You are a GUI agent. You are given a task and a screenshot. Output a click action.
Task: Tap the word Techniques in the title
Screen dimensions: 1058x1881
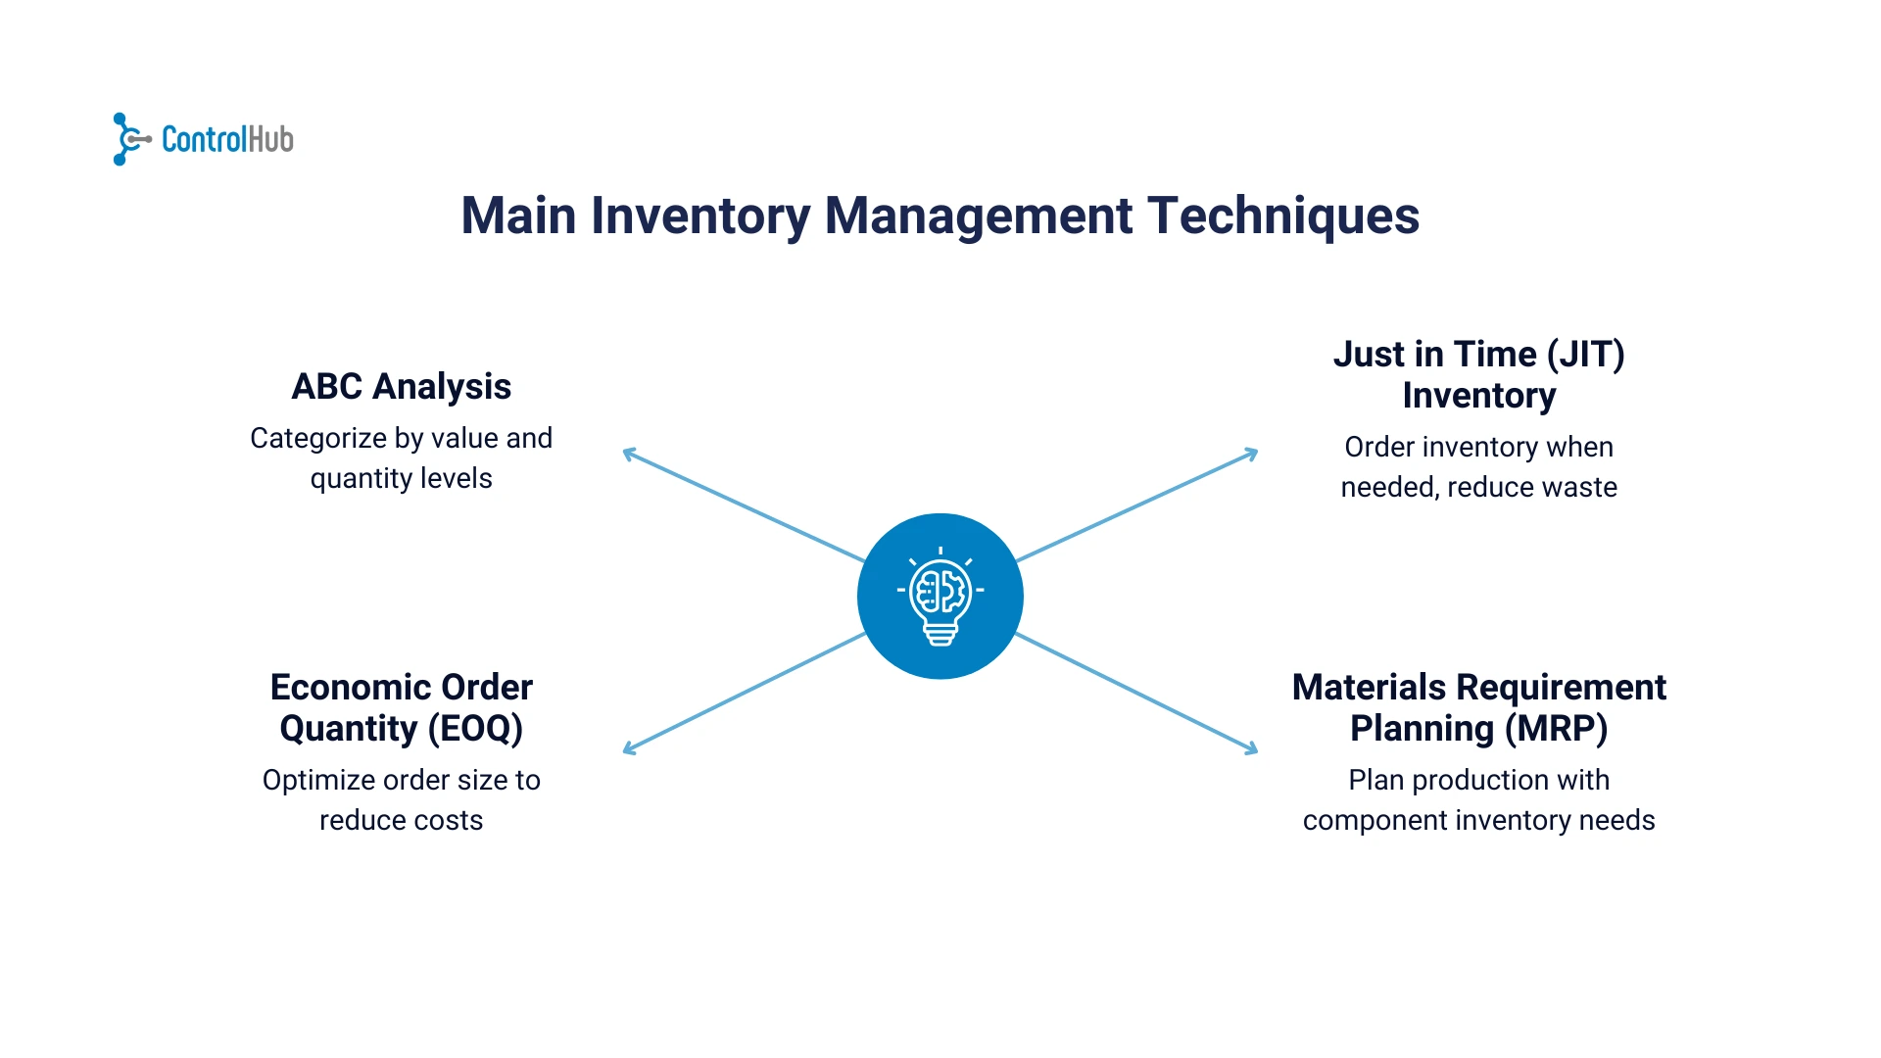coord(1282,216)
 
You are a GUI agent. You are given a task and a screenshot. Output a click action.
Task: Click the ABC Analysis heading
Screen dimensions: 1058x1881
coord(401,387)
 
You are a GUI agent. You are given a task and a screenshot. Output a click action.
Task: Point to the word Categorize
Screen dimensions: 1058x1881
coord(317,439)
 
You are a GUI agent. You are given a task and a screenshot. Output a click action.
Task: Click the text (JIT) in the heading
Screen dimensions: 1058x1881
coord(1585,355)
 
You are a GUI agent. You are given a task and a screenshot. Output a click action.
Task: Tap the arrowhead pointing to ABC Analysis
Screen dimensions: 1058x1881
coord(628,453)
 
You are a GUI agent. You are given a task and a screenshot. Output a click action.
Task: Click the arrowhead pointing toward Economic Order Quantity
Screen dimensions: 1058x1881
coord(628,750)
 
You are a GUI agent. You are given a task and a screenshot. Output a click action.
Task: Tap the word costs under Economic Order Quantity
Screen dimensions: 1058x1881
coord(450,821)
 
